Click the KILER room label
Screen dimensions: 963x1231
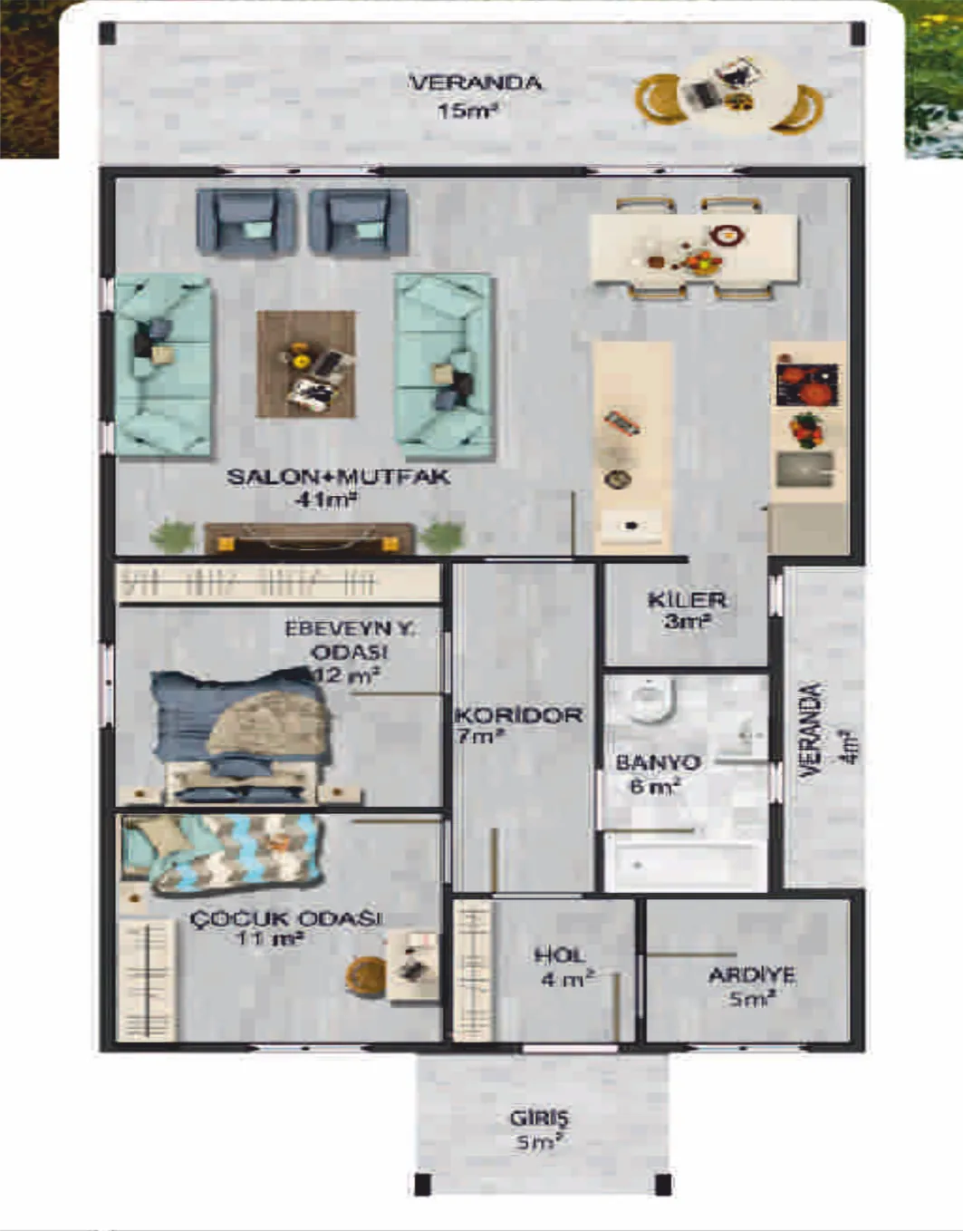click(x=687, y=600)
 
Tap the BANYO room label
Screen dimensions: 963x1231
click(x=658, y=762)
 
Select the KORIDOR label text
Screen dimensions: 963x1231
click(x=518, y=715)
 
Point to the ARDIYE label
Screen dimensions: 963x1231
click(x=752, y=975)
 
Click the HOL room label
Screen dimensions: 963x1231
click(x=559, y=955)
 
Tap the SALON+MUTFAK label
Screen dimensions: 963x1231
click(x=339, y=477)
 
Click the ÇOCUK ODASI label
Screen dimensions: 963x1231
click(x=285, y=918)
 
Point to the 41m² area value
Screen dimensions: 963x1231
click(x=325, y=500)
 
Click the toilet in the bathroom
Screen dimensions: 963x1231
click(x=645, y=701)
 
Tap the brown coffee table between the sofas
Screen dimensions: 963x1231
click(x=305, y=363)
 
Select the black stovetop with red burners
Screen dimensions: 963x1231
click(x=807, y=384)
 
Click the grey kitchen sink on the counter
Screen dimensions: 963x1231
click(x=804, y=470)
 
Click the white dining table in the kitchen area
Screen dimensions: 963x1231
click(x=694, y=248)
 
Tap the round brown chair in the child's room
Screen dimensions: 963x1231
click(x=366, y=974)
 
